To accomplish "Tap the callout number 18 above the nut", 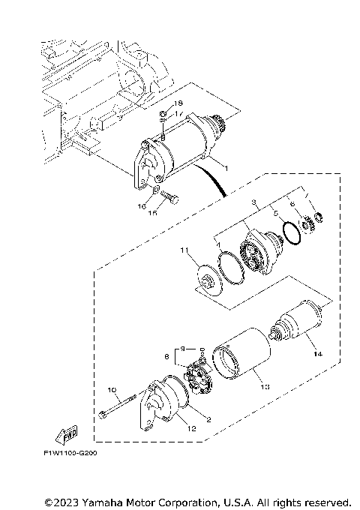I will [x=178, y=102].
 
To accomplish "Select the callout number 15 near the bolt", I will [x=154, y=213].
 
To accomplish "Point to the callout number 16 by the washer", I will [x=140, y=204].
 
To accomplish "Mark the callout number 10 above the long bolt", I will [x=112, y=390].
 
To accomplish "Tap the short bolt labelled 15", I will [x=169, y=198].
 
